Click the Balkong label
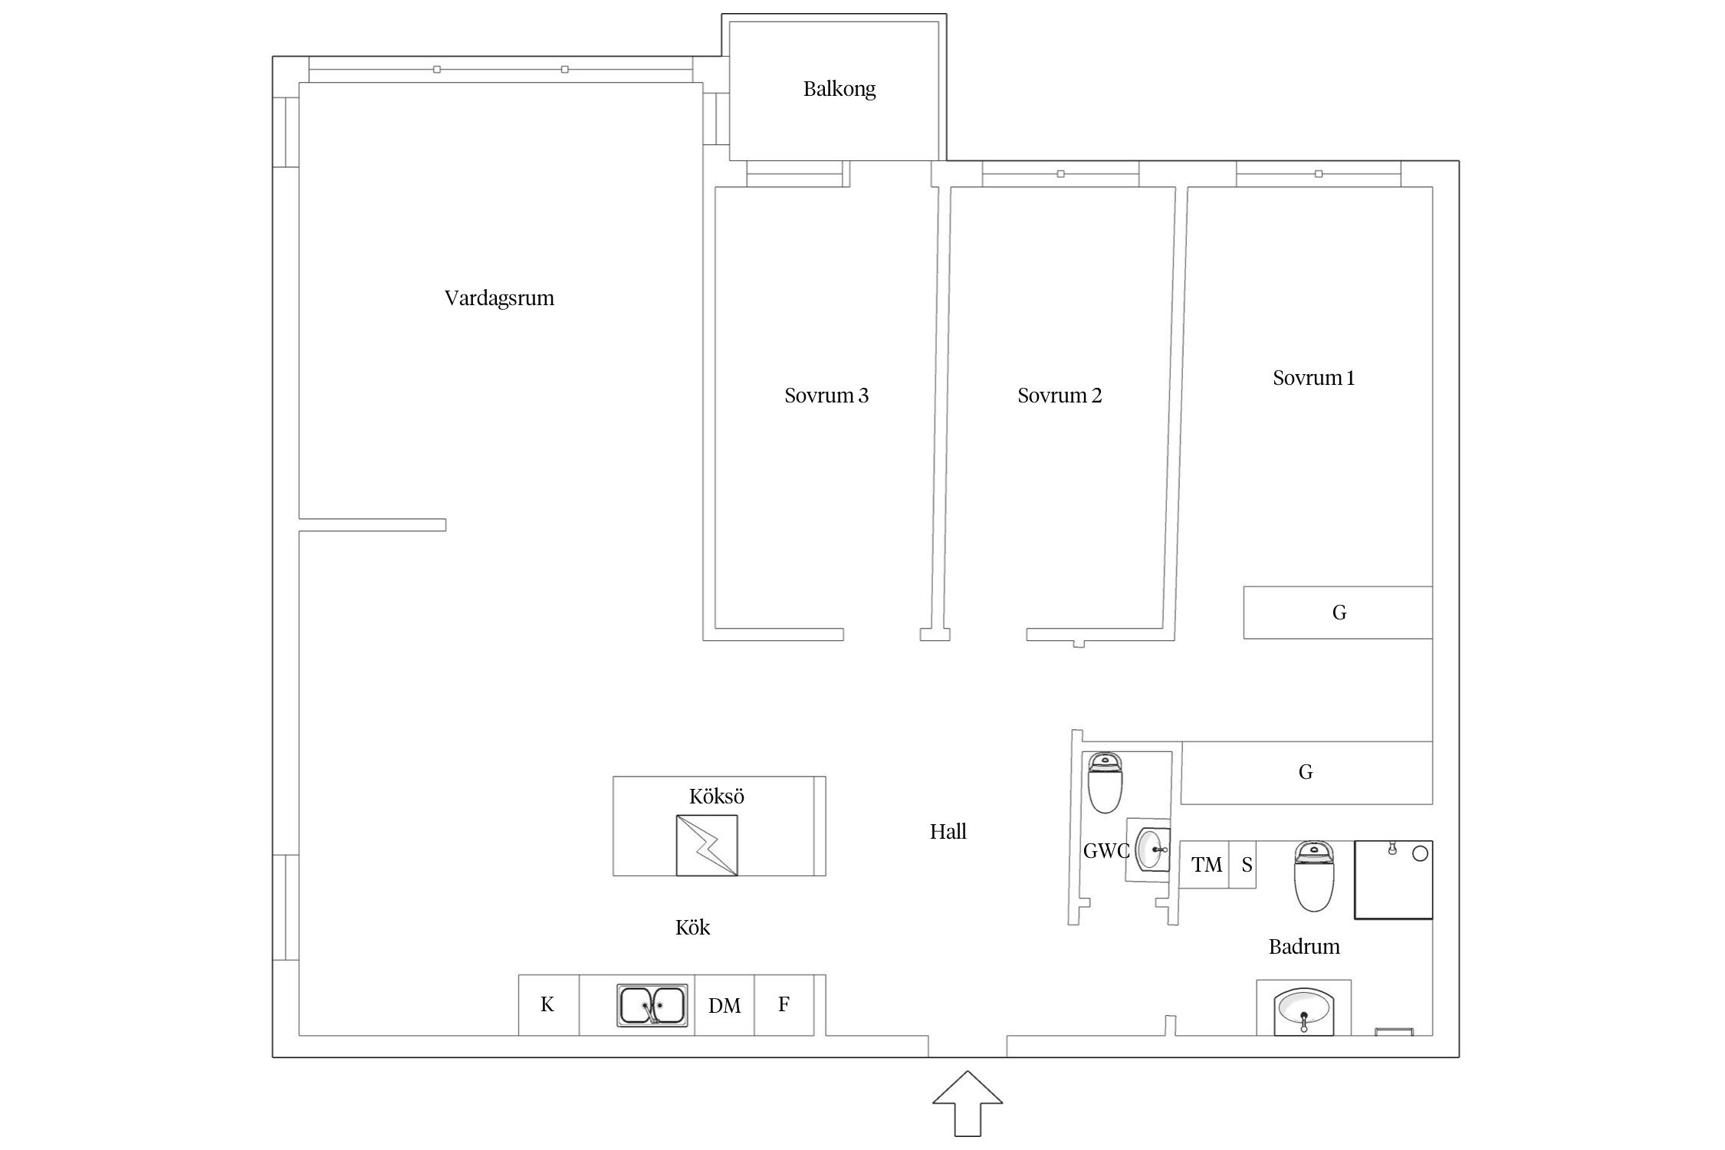pos(839,89)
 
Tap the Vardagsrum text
pos(499,297)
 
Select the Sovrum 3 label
pos(826,396)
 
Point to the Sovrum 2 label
pos(1060,396)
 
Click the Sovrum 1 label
pos(1314,378)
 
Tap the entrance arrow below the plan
pos(968,1103)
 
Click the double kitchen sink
pos(652,1005)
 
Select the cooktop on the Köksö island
pos(707,845)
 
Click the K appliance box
pos(548,1005)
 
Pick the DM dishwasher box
pos(724,1005)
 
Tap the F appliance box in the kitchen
pos(784,1005)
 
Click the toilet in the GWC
pos(1105,782)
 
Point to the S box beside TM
pos(1243,865)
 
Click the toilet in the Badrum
pos(1314,876)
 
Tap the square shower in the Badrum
pos(1394,879)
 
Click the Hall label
pos(948,832)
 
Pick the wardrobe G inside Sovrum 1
pos(1338,613)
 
